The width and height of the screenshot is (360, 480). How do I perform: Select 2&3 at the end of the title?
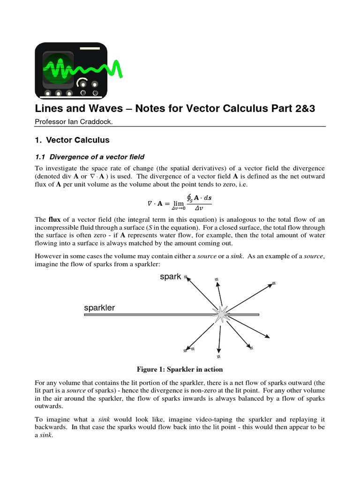coord(301,109)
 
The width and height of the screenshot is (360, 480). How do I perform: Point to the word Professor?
coord(50,121)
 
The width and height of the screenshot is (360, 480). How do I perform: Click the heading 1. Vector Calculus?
coord(72,140)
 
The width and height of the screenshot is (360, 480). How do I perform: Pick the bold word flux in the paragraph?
coord(54,220)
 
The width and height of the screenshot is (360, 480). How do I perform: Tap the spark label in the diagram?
coord(170,277)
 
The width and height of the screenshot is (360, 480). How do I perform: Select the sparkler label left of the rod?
coord(99,308)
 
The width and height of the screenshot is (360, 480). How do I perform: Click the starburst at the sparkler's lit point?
coord(220,315)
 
